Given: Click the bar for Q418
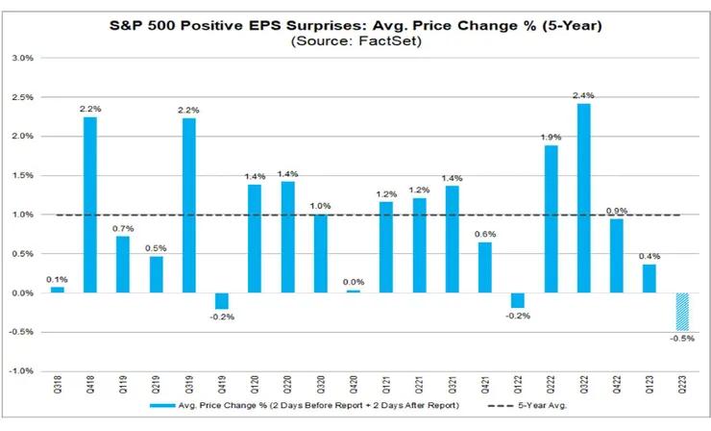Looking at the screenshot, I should pyautogui.click(x=90, y=204).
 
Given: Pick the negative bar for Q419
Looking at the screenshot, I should pyautogui.click(x=222, y=301).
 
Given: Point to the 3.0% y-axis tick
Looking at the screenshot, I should pyautogui.click(x=22, y=58).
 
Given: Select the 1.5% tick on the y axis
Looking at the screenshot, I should pyautogui.click(x=22, y=175).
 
